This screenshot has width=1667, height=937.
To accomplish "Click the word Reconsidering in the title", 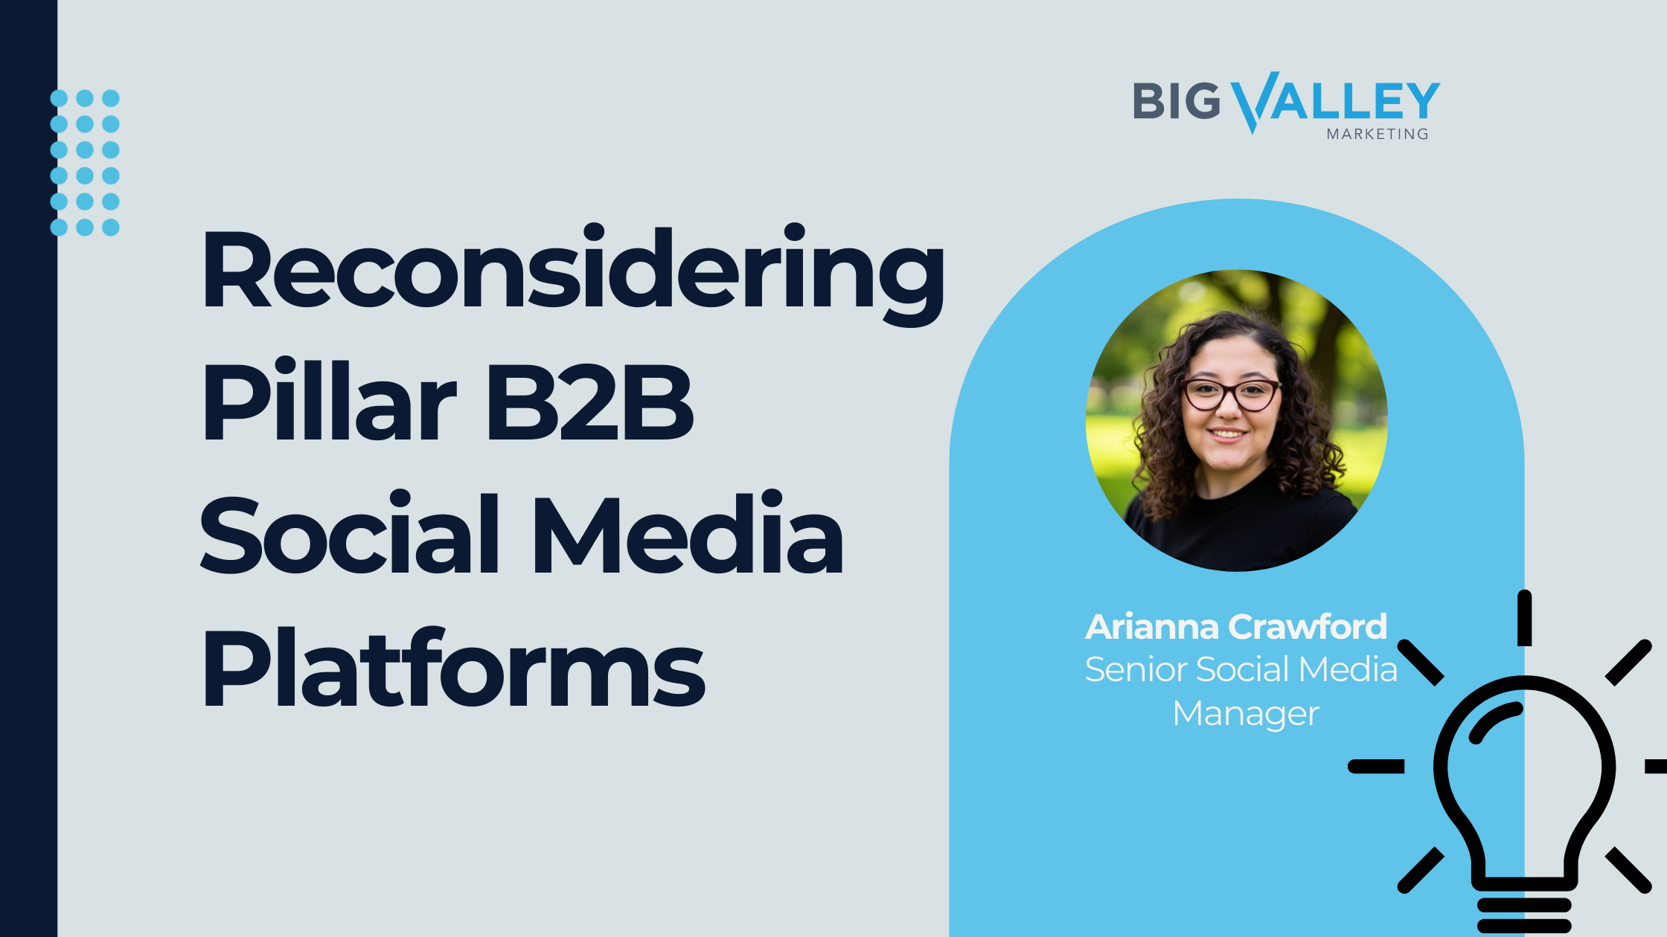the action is pos(573,272).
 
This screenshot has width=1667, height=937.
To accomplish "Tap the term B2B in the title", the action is pos(590,402).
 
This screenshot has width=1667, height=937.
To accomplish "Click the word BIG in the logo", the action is pos(1177,101).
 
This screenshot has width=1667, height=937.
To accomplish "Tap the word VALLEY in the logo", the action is pos(1336,101).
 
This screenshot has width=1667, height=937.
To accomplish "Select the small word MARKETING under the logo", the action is pos(1378,135).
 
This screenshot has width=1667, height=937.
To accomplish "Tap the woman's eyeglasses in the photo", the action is pos(1232,394).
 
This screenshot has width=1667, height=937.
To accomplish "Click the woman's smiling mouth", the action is pos(1226,433).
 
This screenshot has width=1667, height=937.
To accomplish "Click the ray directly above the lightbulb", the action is pos(1524,618).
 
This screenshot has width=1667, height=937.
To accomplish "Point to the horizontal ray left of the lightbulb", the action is pos(1376,766).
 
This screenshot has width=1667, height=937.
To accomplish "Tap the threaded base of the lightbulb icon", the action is pos(1524,915).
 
